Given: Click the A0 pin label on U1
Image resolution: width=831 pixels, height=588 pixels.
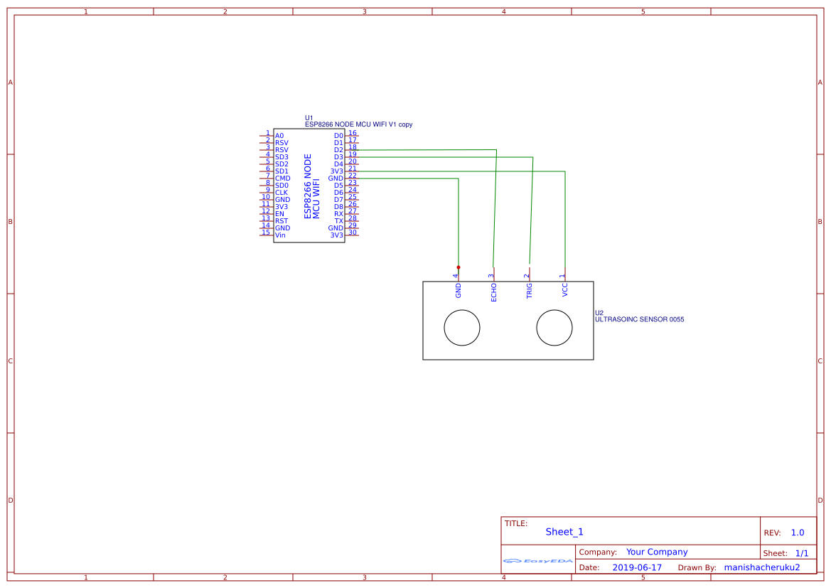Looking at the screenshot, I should pos(279,136).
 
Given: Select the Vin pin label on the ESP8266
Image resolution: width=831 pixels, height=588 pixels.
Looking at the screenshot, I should pos(280,235).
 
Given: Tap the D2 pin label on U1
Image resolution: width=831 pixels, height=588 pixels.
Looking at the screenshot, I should pos(338,150).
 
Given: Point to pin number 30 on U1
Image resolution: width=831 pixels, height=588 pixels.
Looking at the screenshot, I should pos(353,232).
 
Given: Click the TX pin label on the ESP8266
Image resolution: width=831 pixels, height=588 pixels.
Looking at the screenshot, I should pos(339,221).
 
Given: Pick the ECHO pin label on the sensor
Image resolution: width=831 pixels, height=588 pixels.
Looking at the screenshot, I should pos(494,292).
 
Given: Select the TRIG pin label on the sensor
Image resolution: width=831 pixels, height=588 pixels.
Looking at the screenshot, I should pos(530,291).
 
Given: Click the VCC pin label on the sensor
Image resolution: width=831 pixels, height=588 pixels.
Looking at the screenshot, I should pos(565,290).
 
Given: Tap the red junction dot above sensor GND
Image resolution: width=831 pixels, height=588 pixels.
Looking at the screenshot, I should pos(459,267).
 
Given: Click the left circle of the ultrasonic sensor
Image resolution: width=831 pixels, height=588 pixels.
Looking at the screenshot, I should pos(462,328).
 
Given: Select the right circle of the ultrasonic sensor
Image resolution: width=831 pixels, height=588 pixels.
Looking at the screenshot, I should pos(554,328).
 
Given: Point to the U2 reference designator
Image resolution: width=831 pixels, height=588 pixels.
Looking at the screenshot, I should pos(599,313).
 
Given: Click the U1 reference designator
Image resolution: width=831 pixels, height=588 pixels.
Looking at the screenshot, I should pos(309,118).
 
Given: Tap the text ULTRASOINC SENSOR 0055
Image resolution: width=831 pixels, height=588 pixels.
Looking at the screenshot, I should pos(639,320).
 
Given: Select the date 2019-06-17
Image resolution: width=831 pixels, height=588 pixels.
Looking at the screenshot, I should pos(636,567).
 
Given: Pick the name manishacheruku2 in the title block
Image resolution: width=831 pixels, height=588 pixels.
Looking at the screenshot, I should pos(761,567).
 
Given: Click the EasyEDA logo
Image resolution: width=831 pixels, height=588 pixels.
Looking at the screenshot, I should pos(538,561).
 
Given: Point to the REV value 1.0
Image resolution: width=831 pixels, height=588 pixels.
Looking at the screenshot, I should pos(797,533).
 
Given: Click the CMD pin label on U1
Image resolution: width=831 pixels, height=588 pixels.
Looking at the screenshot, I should pos(282,178).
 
